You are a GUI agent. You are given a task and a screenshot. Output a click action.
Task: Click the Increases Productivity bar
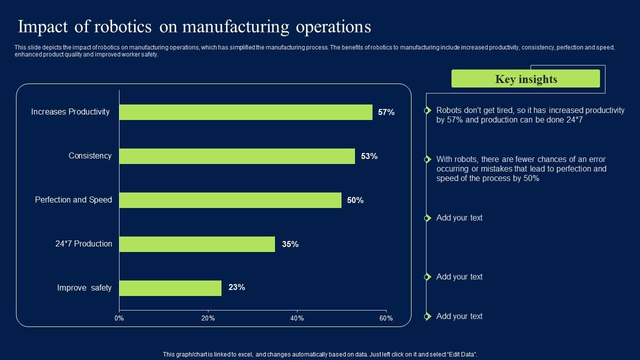pyautogui.click(x=245, y=112)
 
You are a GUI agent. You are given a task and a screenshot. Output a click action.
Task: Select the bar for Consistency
pyautogui.click(x=237, y=156)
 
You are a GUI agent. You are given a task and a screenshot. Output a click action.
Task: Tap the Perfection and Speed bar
pyautogui.click(x=230, y=200)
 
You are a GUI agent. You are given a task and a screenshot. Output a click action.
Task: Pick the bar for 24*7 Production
pyautogui.click(x=197, y=244)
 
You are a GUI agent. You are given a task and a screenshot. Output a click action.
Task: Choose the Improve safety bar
pyautogui.click(x=170, y=288)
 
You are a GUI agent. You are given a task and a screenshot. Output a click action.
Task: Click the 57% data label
pyautogui.click(x=386, y=112)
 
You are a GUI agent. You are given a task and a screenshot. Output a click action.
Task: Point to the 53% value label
pyautogui.click(x=369, y=156)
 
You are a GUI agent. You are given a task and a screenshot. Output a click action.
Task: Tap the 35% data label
pyautogui.click(x=290, y=244)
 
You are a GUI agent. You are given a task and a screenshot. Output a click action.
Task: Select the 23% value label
pyautogui.click(x=236, y=287)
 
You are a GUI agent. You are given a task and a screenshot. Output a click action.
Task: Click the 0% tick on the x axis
pyautogui.click(x=119, y=318)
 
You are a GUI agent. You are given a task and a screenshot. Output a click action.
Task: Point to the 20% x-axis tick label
pyautogui.click(x=208, y=318)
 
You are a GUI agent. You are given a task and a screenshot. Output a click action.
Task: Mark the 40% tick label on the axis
pyautogui.click(x=297, y=318)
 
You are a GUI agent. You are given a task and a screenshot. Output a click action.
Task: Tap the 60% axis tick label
pyautogui.click(x=386, y=318)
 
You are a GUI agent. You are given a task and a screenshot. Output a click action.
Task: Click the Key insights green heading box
pyautogui.click(x=525, y=79)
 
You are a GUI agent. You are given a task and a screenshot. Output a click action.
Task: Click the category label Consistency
pyautogui.click(x=90, y=156)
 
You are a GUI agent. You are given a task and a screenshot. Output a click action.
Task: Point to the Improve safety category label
pyautogui.click(x=84, y=288)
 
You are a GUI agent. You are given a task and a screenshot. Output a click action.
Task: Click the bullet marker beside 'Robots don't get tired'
pyautogui.click(x=427, y=110)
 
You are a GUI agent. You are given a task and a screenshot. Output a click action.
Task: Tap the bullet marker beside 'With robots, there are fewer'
pyautogui.click(x=427, y=159)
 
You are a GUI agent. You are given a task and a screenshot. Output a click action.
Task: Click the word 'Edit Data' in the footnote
pyautogui.click(x=463, y=354)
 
